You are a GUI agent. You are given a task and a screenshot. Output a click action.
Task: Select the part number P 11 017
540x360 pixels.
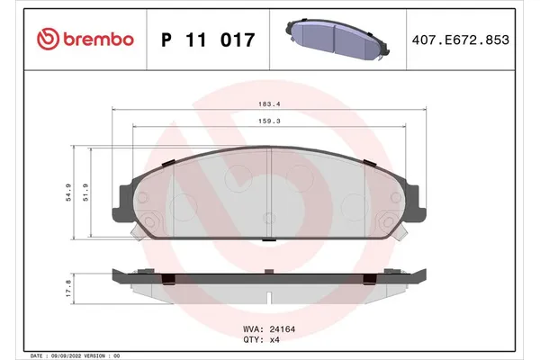tap(207, 40)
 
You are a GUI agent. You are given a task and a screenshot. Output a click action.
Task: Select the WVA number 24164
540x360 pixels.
tap(283, 330)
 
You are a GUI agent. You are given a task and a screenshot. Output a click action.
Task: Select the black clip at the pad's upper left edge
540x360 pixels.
tap(168, 161)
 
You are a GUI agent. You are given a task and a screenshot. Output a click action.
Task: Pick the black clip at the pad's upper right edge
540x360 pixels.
tap(367, 161)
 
